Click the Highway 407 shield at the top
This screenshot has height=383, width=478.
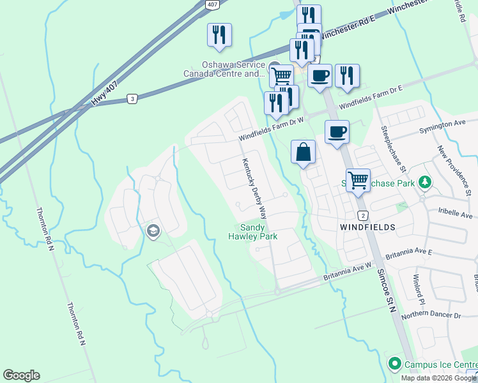(x=212, y=4)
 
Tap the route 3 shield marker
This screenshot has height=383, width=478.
(x=132, y=98)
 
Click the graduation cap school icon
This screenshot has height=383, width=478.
(x=152, y=230)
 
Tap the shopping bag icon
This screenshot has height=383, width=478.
(x=304, y=152)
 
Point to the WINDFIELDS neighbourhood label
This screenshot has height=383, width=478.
(x=367, y=227)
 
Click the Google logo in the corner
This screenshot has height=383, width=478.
(x=21, y=375)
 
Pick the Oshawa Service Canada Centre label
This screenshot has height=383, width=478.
(x=224, y=69)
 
